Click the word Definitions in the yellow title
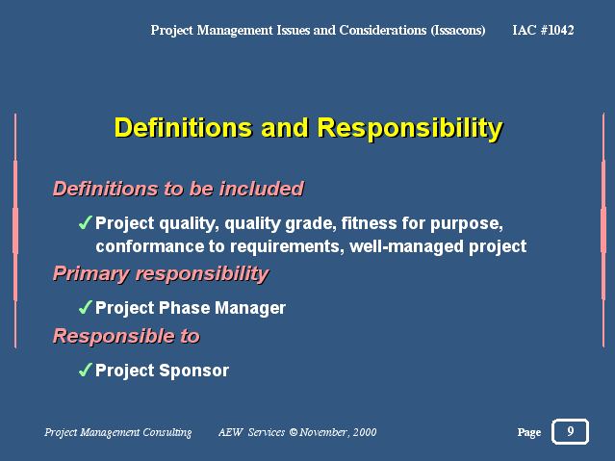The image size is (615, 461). [x=183, y=128]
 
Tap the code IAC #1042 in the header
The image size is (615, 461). [x=543, y=30]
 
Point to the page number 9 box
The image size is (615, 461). [x=571, y=431]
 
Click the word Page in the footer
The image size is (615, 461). [x=529, y=432]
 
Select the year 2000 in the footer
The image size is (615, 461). [x=365, y=432]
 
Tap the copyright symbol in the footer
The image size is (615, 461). [x=294, y=432]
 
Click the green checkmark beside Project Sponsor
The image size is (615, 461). [x=85, y=370]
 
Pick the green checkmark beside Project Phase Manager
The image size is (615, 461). [x=85, y=307]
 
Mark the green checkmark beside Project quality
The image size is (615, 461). [x=85, y=222]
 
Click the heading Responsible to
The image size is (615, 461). [x=127, y=336]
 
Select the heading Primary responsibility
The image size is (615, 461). [x=161, y=274]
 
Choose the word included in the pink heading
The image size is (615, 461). [x=262, y=189]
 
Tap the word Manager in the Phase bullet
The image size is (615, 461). [x=250, y=308]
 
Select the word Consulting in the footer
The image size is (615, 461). [x=167, y=432]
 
